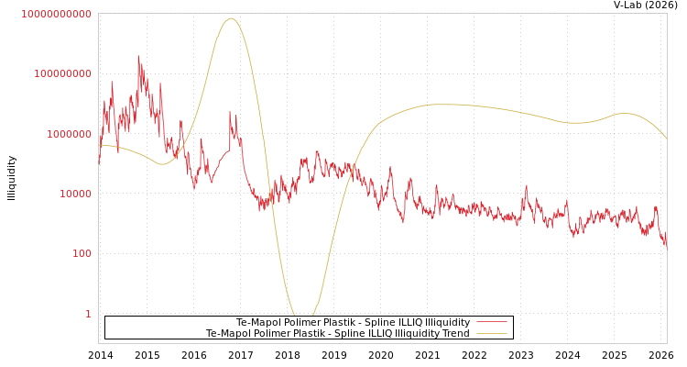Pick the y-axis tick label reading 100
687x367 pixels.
tap(82, 253)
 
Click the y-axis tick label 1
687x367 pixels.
tap(88, 314)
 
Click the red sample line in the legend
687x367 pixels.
tap(492, 323)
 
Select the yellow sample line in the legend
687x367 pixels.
tap(492, 334)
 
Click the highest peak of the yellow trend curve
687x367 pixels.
tap(231, 18)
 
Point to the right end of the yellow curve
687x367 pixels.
tap(666, 138)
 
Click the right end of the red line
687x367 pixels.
tap(666, 246)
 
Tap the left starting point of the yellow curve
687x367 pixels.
tap(99, 145)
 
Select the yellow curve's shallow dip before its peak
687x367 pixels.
tap(162, 164)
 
